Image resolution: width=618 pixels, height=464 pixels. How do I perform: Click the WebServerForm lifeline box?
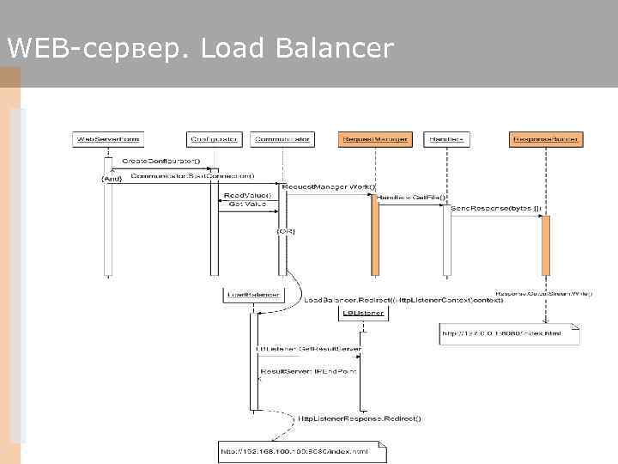coord(108,138)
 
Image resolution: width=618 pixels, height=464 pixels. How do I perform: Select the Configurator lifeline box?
coord(214,138)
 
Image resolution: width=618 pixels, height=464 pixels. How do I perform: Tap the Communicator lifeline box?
coord(283,138)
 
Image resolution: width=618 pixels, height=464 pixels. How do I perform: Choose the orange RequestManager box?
coord(375,138)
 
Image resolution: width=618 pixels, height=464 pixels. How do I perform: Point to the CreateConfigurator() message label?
coord(160,162)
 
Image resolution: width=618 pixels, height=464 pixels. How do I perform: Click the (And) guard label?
coord(112,179)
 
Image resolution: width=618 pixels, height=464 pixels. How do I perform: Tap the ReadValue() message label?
coord(247,196)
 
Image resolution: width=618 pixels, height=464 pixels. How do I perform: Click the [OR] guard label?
coord(285,231)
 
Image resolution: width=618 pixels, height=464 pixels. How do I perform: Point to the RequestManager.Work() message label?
coord(329,186)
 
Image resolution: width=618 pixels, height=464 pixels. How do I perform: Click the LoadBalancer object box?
coord(251,295)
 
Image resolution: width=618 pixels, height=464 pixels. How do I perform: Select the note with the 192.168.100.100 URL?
coord(301,450)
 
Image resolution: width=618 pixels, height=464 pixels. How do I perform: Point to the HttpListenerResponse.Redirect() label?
coord(360,418)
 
